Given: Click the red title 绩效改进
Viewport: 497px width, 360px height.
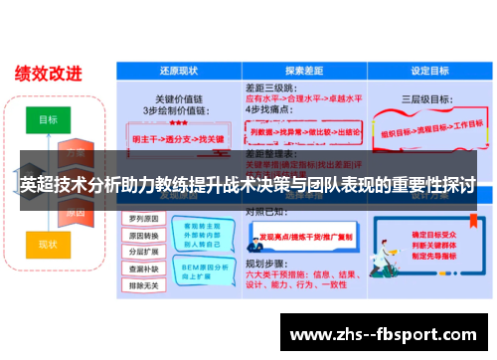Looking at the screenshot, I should [48, 73].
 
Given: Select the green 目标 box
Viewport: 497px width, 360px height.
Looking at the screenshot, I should [48, 118].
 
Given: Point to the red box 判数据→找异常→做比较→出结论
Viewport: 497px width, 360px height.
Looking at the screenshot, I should [303, 131].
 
